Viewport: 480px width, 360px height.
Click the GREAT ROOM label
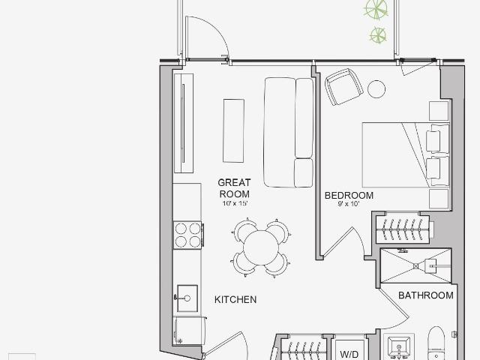[x=234, y=188]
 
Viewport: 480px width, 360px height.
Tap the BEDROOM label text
[x=349, y=195]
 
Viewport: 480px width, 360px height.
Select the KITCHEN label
[x=235, y=300]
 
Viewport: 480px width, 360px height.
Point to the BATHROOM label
[x=426, y=295]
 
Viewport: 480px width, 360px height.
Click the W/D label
[x=349, y=355]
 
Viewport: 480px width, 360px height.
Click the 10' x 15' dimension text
[x=235, y=203]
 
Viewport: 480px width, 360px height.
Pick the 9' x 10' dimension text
[x=349, y=204]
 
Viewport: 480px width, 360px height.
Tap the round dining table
[x=261, y=247]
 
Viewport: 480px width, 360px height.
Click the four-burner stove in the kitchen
[x=187, y=235]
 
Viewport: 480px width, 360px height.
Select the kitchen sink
[x=187, y=298]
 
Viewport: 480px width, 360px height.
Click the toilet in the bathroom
[x=437, y=343]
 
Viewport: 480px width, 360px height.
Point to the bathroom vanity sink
[x=399, y=347]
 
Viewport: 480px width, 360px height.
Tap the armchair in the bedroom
[x=343, y=87]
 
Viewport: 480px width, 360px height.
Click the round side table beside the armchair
[x=376, y=89]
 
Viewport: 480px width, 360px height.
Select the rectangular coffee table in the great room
[x=233, y=130]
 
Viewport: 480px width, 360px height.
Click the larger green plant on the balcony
[x=376, y=9]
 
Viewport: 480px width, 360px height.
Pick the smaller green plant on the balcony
[x=378, y=35]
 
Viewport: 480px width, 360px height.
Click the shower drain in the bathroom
[x=415, y=266]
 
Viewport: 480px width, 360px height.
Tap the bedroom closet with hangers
[x=402, y=229]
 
